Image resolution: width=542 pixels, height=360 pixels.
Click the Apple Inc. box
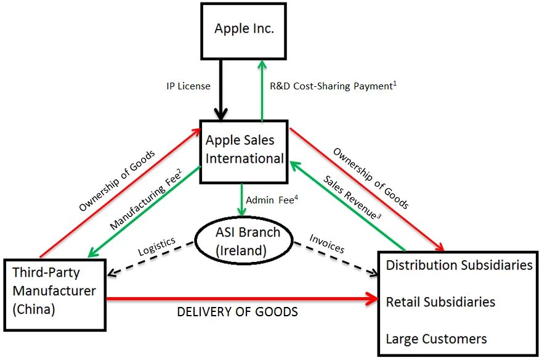[x=245, y=28]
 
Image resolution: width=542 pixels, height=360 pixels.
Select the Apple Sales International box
[x=245, y=150]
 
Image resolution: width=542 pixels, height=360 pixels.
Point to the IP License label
[x=188, y=86]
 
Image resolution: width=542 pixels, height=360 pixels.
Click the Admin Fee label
[x=269, y=200]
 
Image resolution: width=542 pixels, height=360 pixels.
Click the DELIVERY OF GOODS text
[x=237, y=312]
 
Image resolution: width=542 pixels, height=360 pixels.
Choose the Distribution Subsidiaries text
[x=459, y=265]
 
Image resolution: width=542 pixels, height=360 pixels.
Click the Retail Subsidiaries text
[x=440, y=302]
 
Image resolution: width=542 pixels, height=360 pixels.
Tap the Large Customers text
[x=436, y=338]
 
